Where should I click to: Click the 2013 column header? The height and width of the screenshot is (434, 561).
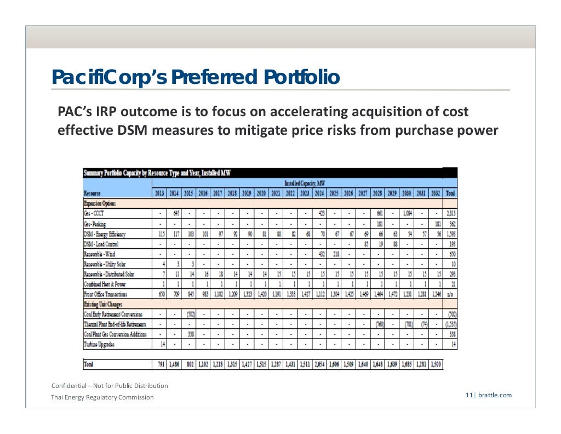[159, 193]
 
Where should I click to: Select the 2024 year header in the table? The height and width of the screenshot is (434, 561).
[319, 193]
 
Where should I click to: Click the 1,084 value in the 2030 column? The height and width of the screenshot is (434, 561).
[407, 213]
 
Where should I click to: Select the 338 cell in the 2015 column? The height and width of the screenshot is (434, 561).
[190, 334]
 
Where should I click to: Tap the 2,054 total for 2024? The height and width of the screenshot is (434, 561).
[319, 364]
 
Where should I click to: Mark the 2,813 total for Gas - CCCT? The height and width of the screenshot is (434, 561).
[450, 213]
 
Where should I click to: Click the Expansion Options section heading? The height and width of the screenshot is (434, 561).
[99, 203]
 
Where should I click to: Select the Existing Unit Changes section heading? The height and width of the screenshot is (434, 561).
[102, 304]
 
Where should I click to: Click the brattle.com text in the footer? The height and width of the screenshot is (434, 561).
[495, 395]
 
